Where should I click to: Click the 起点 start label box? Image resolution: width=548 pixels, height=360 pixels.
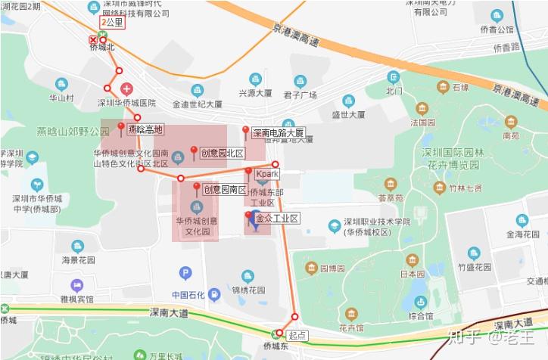click(297, 334)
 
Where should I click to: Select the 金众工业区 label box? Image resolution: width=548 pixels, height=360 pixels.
click(277, 219)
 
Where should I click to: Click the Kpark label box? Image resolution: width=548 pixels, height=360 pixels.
click(267, 174)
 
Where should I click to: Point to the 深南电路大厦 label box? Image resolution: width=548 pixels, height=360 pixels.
click(278, 132)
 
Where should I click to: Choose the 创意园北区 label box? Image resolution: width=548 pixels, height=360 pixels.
click(223, 154)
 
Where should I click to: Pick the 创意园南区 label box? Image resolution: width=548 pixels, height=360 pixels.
click(225, 189)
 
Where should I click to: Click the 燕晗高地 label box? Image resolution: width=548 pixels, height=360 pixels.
click(145, 129)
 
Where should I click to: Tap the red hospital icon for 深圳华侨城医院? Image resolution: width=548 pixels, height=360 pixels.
click(126, 89)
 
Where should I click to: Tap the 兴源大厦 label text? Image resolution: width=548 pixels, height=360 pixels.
click(255, 94)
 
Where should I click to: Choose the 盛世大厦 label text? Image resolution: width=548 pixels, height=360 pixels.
click(348, 115)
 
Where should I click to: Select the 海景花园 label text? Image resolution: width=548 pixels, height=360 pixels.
click(77, 259)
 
